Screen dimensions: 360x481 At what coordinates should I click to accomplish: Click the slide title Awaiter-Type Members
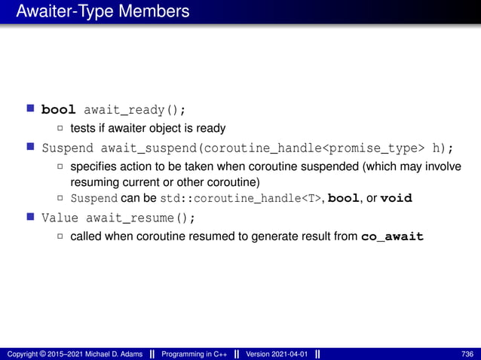click(x=103, y=12)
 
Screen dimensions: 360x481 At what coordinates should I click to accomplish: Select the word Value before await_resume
click(x=60, y=218)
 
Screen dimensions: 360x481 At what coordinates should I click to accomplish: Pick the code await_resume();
click(x=139, y=218)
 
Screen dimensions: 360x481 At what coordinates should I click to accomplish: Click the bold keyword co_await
click(x=393, y=236)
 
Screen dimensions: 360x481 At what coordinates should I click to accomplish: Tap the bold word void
click(x=397, y=199)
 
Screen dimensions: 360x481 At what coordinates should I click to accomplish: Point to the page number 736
click(x=467, y=354)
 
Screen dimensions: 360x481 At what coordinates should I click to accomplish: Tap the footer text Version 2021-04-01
click(x=277, y=354)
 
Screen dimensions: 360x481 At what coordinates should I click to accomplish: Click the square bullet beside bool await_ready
click(x=32, y=111)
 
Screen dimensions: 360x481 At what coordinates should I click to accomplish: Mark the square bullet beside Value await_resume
click(x=32, y=217)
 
